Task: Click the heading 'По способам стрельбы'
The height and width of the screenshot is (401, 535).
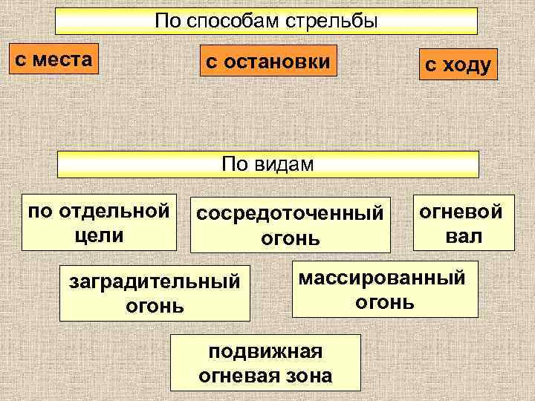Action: pyautogui.click(x=267, y=21)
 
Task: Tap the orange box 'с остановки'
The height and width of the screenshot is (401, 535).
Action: pyautogui.click(x=267, y=62)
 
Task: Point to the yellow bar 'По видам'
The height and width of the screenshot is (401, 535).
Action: pyautogui.click(x=268, y=163)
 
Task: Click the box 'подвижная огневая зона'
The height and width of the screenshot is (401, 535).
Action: pyautogui.click(x=265, y=362)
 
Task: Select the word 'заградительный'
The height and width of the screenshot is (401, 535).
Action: pyautogui.click(x=155, y=283)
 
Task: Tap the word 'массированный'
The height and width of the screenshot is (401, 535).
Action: pyautogui.click(x=382, y=278)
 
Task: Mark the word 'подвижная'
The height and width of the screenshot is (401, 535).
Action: pyautogui.click(x=265, y=351)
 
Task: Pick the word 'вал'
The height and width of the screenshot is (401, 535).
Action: pyautogui.click(x=464, y=237)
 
